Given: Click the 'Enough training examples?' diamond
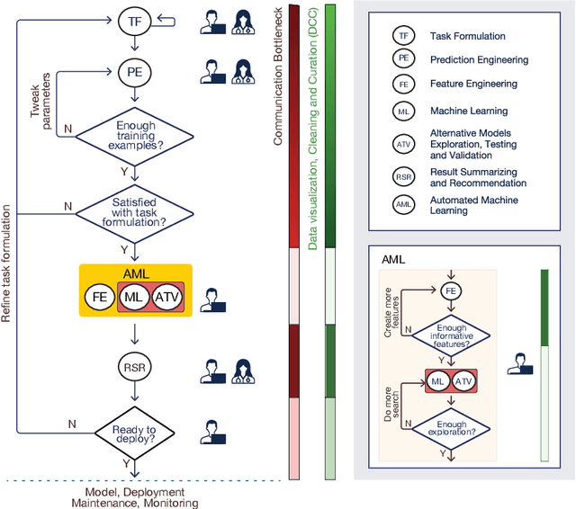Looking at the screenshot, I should [133, 137].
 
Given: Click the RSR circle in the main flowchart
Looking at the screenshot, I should [133, 365].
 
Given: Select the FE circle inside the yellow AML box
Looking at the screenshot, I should [101, 295].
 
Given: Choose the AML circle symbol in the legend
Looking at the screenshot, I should [404, 205].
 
